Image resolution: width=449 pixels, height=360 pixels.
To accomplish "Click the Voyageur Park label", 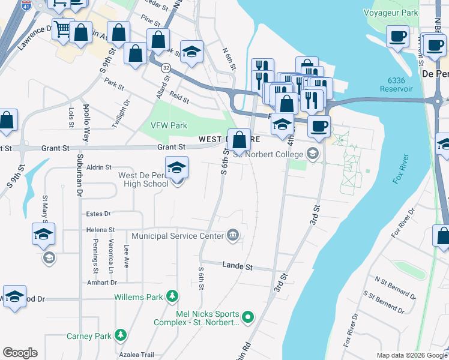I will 390,12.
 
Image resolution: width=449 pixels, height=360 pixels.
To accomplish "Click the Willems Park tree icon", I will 173,296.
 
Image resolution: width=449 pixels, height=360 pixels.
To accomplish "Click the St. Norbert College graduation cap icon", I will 312,154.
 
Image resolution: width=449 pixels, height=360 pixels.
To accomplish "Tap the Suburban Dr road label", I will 79,174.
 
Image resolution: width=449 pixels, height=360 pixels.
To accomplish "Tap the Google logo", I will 20,352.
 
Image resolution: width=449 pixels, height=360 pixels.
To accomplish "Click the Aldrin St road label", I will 100,167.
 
